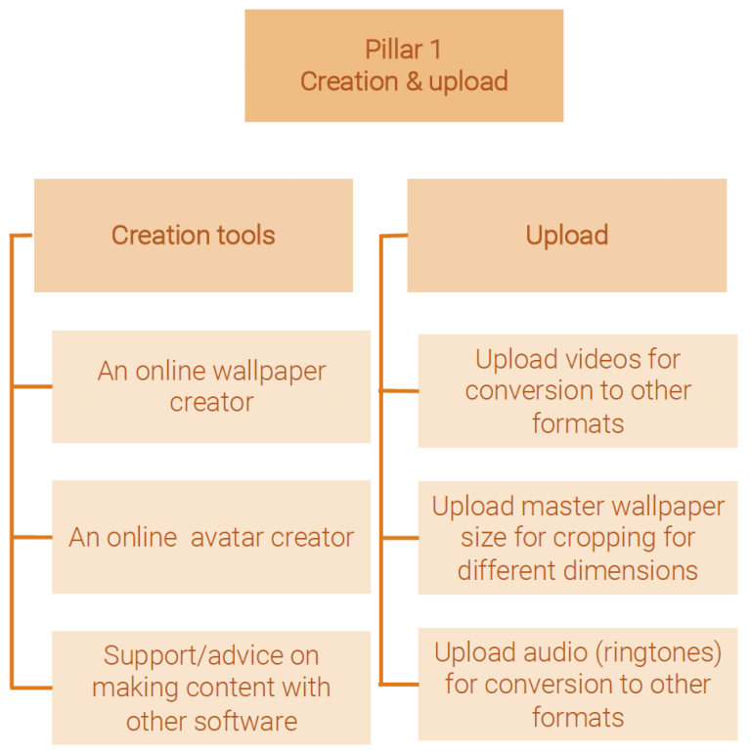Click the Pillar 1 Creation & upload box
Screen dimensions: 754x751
coord(404,66)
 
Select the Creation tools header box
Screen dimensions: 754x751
coord(194,235)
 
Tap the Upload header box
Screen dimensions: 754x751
coord(567,235)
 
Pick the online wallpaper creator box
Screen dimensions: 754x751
coord(211,386)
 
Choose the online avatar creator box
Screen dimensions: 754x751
coord(211,537)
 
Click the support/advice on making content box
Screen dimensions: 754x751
coord(211,687)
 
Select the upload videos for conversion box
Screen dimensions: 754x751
coord(578,390)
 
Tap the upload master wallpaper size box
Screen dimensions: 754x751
coord(578,538)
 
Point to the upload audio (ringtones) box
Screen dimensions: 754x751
coord(578,684)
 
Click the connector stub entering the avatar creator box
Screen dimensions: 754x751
coord(32,537)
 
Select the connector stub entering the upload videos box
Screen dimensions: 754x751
coord(399,390)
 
